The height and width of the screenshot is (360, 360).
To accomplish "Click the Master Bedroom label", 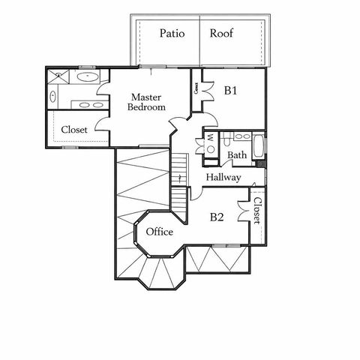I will click(x=146, y=102).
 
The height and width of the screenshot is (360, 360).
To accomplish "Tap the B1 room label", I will click(x=231, y=91).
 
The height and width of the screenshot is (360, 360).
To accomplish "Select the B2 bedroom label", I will click(x=217, y=217).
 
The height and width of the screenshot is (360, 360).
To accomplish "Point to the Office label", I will click(x=160, y=232).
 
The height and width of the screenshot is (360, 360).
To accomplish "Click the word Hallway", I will click(x=223, y=178).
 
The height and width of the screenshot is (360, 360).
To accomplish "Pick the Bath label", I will click(x=237, y=156).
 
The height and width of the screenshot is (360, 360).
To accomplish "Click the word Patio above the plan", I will click(x=172, y=33).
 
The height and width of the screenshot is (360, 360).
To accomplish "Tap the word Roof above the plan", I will click(x=221, y=33).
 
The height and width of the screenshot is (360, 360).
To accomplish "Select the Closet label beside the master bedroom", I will click(x=74, y=130).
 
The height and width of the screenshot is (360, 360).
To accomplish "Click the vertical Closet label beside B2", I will click(x=256, y=211).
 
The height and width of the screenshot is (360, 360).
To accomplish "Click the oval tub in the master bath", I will click(x=87, y=76).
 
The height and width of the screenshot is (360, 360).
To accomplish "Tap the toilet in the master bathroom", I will click(x=53, y=95).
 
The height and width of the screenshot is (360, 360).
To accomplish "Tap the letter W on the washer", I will click(x=210, y=137).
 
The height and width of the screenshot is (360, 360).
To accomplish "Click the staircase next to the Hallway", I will click(x=179, y=180).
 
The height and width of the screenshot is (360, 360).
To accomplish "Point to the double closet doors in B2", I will click(x=244, y=209).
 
